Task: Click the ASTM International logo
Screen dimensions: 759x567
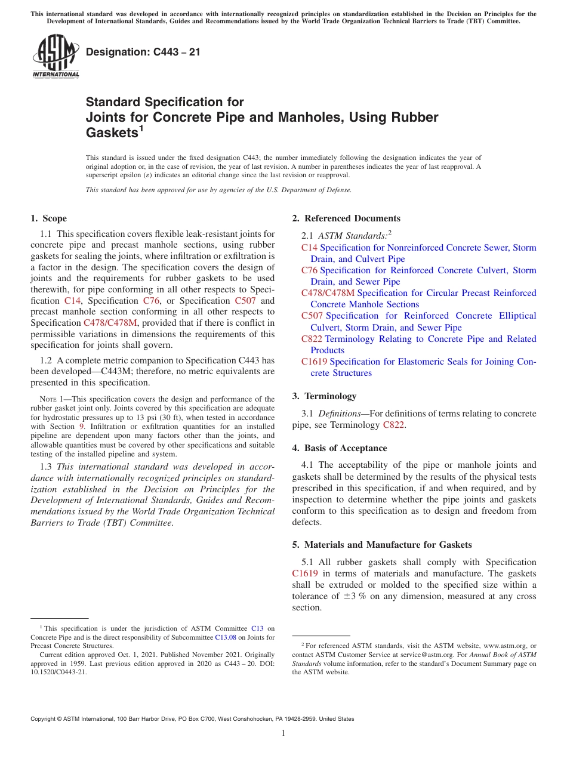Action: click(x=55, y=57)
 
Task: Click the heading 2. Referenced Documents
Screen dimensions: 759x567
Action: click(x=346, y=218)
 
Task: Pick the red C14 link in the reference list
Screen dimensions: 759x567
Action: click(x=309, y=248)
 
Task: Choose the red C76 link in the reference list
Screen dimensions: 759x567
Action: click(x=309, y=270)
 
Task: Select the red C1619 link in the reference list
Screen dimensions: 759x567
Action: click(x=314, y=362)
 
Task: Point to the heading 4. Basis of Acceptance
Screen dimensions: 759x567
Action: click(x=340, y=448)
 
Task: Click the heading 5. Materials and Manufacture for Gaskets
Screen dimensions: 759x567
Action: click(x=382, y=545)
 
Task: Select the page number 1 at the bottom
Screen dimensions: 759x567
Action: click(x=283, y=733)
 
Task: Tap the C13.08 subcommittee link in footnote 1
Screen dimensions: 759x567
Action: click(x=226, y=637)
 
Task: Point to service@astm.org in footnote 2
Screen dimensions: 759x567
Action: click(x=422, y=655)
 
